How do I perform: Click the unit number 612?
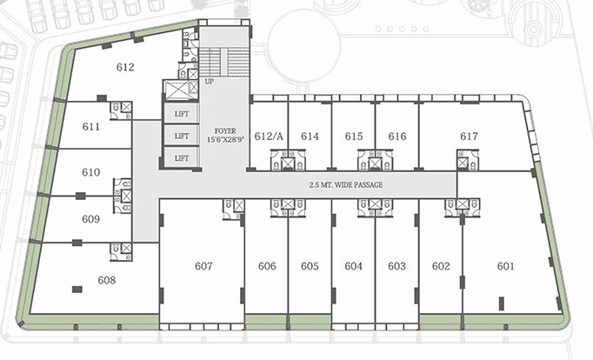point(125,67)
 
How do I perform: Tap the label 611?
point(91,126)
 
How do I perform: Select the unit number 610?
point(91,172)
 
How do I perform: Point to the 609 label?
point(91,219)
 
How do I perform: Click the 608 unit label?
point(107,280)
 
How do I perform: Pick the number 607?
point(203,266)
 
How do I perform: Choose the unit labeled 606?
point(267,266)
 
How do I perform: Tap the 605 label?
point(310,266)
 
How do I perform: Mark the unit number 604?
point(353,266)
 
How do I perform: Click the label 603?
point(396,266)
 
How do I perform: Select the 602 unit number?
point(441,266)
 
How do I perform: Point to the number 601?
point(506,266)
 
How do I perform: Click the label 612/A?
point(270,137)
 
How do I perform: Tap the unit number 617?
point(470,137)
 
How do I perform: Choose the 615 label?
point(353,137)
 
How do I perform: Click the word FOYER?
point(213,130)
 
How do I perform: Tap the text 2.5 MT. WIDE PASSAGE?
point(345,185)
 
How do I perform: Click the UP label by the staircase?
point(210,82)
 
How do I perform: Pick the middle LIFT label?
point(181,136)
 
